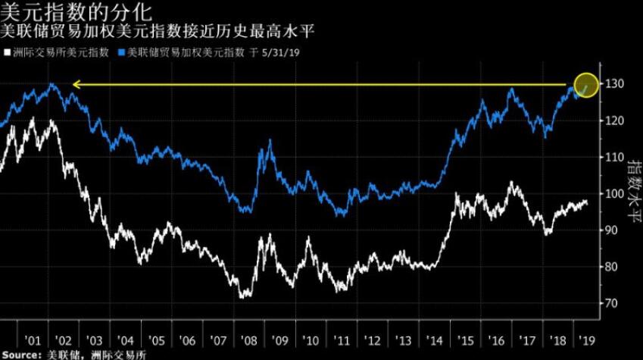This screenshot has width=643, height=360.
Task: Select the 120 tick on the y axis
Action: point(614,121)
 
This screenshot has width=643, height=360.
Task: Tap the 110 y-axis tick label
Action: point(614,157)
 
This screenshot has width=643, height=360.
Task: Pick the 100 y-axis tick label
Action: point(614,194)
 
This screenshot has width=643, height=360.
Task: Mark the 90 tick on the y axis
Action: point(612,230)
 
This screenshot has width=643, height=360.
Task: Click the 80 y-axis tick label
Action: point(612,267)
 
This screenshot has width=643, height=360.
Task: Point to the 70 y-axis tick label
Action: point(612,303)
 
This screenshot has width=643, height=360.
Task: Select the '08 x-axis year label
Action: point(248,339)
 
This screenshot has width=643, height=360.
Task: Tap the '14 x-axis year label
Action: point(433,339)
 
